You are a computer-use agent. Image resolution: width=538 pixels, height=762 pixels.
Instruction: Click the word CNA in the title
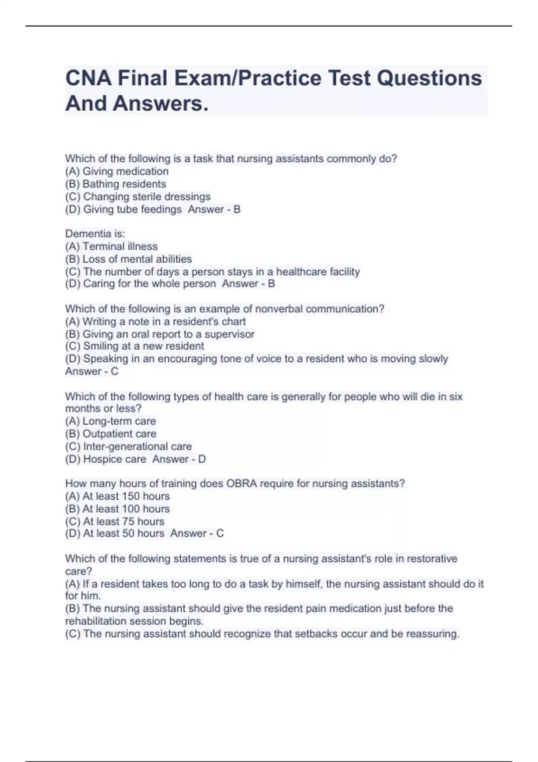click(x=88, y=78)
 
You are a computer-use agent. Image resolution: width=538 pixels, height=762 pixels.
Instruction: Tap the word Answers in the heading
click(x=160, y=104)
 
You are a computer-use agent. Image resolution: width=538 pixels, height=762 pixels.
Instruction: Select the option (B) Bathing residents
click(x=116, y=184)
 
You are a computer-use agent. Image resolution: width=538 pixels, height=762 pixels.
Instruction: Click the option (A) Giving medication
click(x=117, y=171)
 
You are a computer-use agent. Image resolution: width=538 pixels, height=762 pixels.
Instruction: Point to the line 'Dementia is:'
click(x=95, y=234)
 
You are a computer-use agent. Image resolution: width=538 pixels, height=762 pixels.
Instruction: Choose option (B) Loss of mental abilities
click(x=129, y=259)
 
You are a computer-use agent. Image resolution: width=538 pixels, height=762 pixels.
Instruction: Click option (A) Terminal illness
click(x=112, y=247)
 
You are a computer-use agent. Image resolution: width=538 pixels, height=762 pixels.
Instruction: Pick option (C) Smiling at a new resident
click(x=134, y=346)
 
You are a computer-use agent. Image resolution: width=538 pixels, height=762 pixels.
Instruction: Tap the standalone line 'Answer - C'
click(x=92, y=371)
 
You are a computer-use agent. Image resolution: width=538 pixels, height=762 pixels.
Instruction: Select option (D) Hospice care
click(x=106, y=459)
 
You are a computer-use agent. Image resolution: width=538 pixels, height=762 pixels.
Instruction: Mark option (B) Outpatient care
click(x=111, y=434)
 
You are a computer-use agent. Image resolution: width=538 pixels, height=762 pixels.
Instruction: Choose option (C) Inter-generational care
click(x=129, y=446)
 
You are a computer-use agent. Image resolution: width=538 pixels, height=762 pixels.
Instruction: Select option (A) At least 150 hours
click(x=117, y=496)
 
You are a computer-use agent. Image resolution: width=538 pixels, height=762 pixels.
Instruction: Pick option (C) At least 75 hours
click(x=115, y=521)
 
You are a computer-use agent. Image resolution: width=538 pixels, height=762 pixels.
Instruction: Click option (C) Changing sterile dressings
click(x=138, y=197)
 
